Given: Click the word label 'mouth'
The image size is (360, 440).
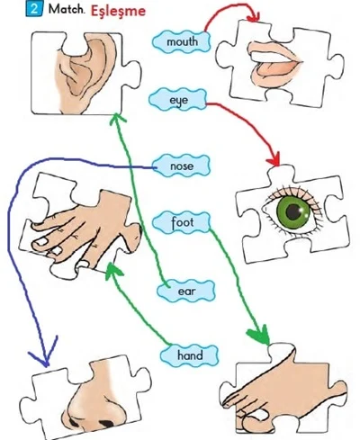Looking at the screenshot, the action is click(x=181, y=41).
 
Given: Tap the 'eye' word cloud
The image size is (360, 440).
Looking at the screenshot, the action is click(x=178, y=100).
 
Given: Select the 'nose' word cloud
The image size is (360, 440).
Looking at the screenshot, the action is click(x=181, y=166).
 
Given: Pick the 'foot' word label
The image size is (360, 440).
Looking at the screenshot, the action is click(x=182, y=222).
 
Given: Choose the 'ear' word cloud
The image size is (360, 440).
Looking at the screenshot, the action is click(x=186, y=291).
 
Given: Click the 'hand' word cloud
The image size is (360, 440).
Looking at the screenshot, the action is click(x=190, y=355).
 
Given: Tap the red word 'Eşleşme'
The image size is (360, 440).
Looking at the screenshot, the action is click(x=118, y=12).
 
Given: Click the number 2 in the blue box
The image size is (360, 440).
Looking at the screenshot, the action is click(x=34, y=9).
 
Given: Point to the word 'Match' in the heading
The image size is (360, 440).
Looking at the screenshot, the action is click(x=67, y=9).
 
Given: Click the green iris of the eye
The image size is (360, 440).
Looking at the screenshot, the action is click(x=292, y=212).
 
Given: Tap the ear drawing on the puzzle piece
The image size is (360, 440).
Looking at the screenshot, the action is click(x=87, y=74).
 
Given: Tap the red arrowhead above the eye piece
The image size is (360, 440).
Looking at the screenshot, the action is click(x=274, y=159).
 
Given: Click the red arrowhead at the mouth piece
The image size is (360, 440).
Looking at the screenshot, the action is click(x=254, y=17).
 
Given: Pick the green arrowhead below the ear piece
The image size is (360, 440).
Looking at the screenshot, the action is click(x=117, y=119).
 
